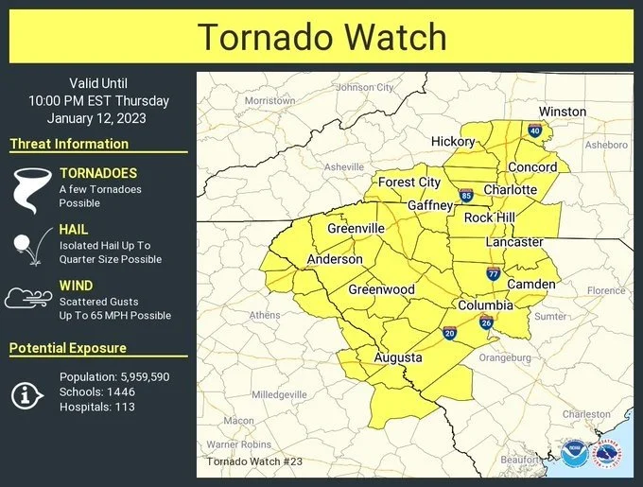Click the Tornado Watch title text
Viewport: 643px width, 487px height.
[321, 37]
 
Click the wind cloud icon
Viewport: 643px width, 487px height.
[28, 299]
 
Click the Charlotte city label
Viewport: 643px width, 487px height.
[510, 189]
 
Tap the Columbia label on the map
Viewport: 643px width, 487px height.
[485, 305]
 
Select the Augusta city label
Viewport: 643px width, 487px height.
[398, 357]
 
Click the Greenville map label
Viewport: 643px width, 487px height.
[356, 228]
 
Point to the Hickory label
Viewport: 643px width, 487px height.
[453, 141]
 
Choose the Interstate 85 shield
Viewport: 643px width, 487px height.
[466, 196]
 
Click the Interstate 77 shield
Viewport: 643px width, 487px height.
[493, 273]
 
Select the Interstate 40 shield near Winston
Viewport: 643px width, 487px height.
[535, 130]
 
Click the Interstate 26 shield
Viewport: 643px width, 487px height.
[485, 323]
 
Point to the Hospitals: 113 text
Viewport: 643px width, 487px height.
[96, 407]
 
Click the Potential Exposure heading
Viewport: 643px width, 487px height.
[68, 348]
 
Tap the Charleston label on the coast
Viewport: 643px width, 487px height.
[586, 414]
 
